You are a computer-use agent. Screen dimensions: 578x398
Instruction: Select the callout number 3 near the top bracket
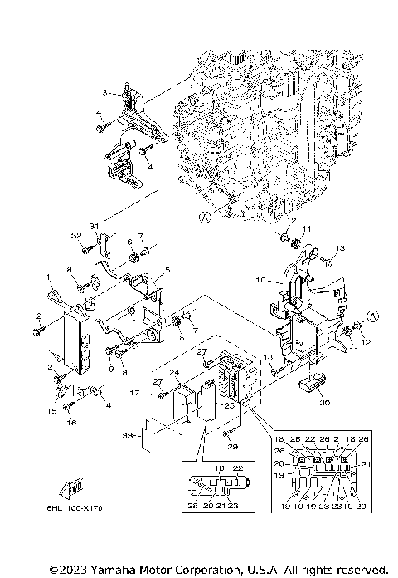[x=105, y=92]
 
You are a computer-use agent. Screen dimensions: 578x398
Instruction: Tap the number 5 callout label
[x=167, y=271]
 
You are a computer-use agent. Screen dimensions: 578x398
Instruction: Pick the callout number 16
[x=70, y=423]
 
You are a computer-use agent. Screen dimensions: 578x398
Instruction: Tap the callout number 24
[x=175, y=374]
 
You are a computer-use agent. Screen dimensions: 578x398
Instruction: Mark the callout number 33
[x=125, y=434]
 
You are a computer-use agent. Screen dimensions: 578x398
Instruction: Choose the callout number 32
[x=77, y=236]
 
